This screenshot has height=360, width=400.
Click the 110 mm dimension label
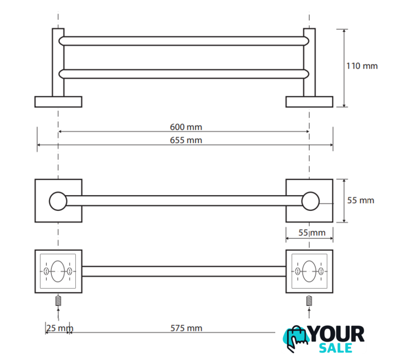click(362, 66)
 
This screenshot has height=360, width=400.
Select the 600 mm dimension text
click(186, 127)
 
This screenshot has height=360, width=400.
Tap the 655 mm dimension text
click(186, 140)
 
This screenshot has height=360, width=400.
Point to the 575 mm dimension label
click(186, 328)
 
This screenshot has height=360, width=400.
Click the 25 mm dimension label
click(60, 328)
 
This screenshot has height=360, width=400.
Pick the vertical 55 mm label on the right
click(361, 200)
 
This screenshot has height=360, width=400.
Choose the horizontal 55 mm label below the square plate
click(312, 233)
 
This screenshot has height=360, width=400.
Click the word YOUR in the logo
click(337, 334)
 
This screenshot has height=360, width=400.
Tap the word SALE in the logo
click(335, 348)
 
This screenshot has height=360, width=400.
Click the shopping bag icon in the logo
click(296, 339)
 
